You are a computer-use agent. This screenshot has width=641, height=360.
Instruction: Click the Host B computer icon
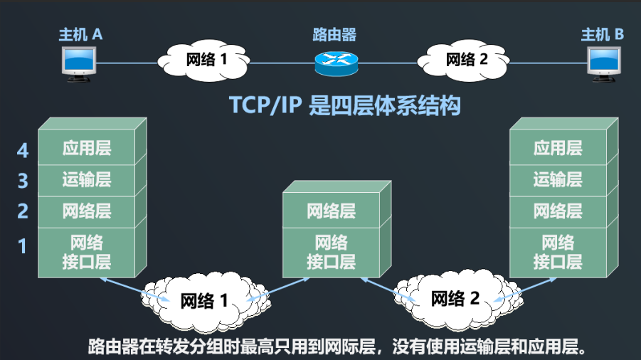tap(605, 62)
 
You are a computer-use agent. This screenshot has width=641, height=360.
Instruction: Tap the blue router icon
tap(336, 63)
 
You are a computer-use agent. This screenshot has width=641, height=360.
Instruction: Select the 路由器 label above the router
tap(334, 34)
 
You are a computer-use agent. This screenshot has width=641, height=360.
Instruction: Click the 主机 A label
tap(80, 33)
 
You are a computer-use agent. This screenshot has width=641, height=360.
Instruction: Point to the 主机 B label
tap(603, 33)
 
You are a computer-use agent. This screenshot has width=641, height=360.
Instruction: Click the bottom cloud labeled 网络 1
tap(205, 301)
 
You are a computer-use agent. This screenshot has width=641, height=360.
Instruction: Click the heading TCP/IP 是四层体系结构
tap(344, 105)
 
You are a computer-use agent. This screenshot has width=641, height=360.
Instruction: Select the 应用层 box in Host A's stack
tap(87, 148)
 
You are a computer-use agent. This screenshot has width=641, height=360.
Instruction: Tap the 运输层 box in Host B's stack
tap(558, 179)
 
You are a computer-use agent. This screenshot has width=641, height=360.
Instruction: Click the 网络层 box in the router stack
tap(331, 211)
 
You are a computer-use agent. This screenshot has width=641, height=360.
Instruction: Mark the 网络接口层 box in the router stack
tap(331, 252)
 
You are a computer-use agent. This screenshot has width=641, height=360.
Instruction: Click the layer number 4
tap(23, 150)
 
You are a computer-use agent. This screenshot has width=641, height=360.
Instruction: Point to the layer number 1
tap(23, 246)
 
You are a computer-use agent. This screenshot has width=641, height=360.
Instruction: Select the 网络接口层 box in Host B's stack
tap(558, 252)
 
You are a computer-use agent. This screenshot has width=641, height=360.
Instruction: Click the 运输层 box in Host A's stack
tap(87, 179)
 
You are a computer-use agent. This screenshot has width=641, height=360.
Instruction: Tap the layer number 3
tap(23, 181)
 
